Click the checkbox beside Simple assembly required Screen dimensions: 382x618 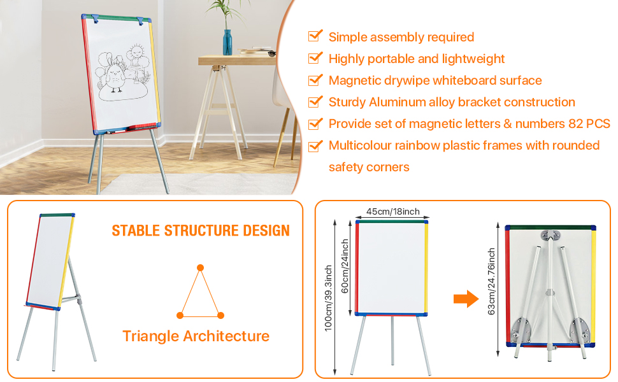315,36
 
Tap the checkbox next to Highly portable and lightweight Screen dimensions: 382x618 315,58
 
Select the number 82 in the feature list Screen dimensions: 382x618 568,124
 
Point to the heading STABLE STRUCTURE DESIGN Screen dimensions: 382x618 201,230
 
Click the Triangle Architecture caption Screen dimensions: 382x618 196,336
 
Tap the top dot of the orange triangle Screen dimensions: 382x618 201,268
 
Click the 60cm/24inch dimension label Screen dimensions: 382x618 345,267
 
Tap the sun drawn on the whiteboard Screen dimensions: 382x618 136,52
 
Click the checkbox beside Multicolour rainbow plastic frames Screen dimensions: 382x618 315,145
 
